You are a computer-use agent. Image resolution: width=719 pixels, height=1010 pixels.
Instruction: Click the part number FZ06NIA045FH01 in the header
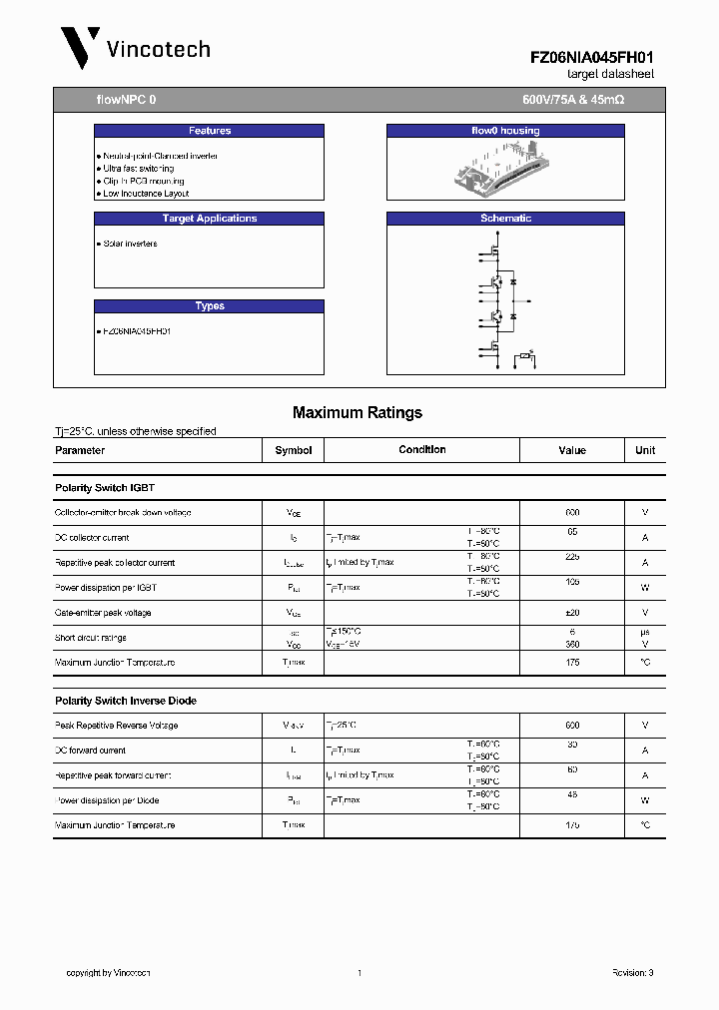point(591,59)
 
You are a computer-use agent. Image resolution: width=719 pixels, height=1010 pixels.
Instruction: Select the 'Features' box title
point(209,131)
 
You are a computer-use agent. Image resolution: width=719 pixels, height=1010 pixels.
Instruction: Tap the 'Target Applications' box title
point(209,219)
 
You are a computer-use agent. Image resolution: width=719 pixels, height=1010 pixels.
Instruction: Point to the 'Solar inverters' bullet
point(129,244)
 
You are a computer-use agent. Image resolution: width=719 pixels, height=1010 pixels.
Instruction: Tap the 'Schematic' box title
point(505,219)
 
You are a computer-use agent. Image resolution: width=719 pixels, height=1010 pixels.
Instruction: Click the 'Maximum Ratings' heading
point(358,412)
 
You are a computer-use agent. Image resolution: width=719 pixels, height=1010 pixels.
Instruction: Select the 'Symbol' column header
point(294,450)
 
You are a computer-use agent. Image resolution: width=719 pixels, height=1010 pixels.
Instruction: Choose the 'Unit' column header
point(645,450)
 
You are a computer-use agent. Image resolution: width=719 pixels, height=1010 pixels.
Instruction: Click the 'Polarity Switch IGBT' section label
point(105,488)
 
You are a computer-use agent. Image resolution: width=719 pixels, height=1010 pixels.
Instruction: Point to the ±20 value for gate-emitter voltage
point(572,613)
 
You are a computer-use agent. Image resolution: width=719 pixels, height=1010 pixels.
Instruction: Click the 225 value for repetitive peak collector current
point(572,557)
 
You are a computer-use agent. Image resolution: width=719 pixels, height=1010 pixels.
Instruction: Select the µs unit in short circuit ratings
point(645,632)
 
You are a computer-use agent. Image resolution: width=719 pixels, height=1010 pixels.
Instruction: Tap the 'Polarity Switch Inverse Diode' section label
point(126,701)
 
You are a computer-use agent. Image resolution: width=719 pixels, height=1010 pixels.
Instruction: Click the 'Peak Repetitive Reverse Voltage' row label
point(117,726)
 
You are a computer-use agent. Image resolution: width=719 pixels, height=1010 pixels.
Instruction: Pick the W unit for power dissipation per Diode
point(645,800)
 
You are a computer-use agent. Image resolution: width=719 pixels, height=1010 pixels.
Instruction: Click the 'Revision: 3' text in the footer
point(632,972)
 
